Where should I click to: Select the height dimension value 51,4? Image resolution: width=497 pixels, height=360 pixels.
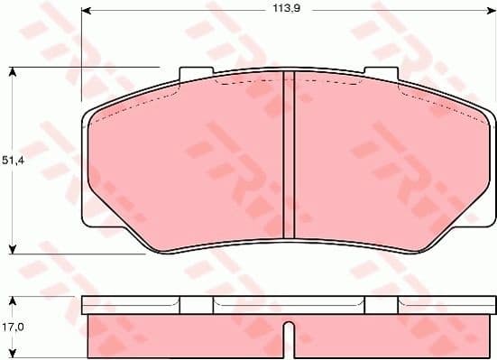(x=12, y=160)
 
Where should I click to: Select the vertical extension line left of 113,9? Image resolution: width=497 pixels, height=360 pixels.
(x=81, y=54)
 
